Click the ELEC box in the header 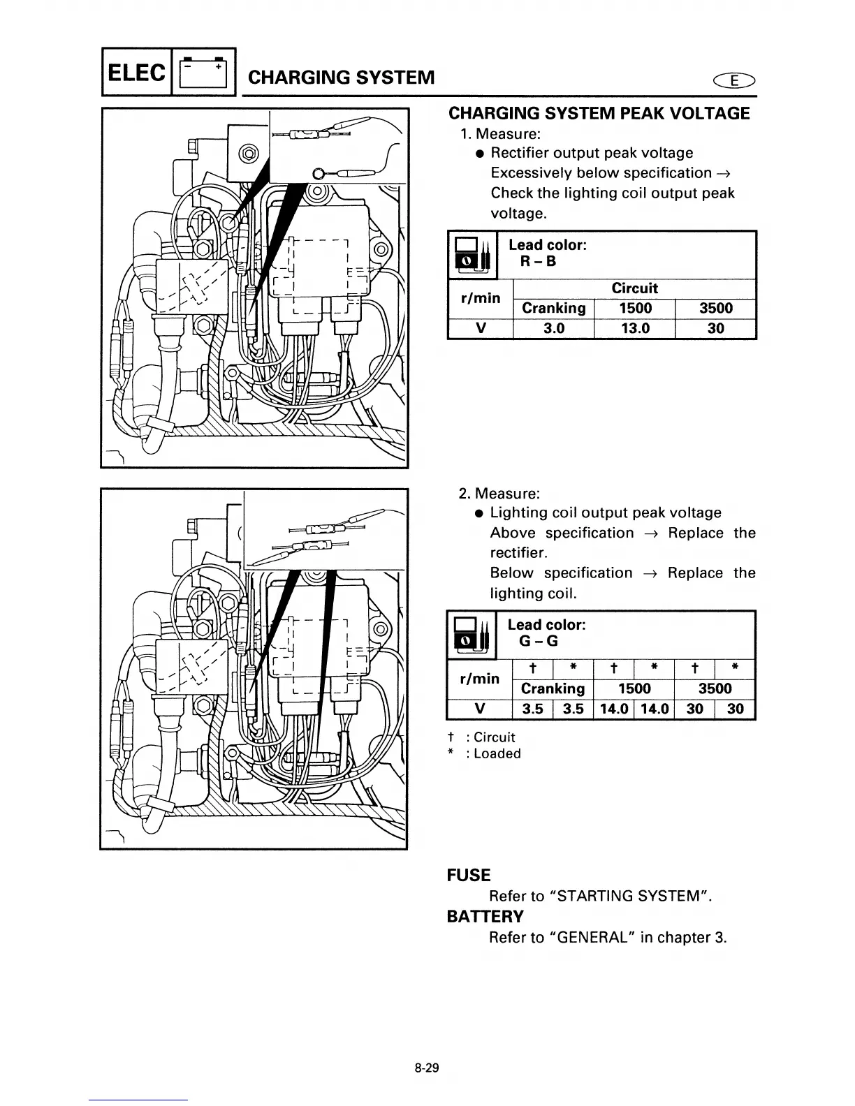(x=138, y=73)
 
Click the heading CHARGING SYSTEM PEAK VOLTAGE (x=599, y=113)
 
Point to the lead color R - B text (x=538, y=262)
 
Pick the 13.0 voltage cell (x=634, y=328)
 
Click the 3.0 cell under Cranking (x=553, y=328)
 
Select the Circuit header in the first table (x=634, y=288)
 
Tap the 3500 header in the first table (x=715, y=308)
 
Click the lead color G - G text (x=538, y=642)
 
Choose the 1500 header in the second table (x=634, y=688)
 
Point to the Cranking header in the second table (x=553, y=688)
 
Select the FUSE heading (x=469, y=875)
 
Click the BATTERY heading (x=485, y=916)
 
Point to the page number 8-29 (x=426, y=1068)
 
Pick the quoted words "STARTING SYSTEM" (x=624, y=896)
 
